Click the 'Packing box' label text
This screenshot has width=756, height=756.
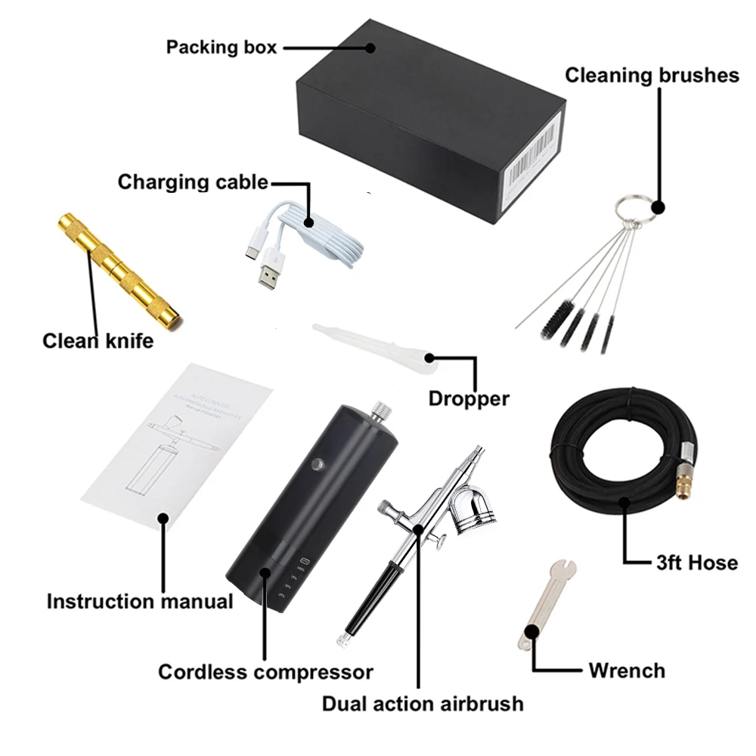(x=222, y=47)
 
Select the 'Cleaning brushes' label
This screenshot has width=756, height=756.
(x=652, y=75)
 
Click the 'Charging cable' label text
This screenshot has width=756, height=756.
(x=193, y=182)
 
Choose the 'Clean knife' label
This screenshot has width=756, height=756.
(x=98, y=341)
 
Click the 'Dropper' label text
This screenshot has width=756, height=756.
(x=469, y=398)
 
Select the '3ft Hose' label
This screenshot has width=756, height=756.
(x=696, y=562)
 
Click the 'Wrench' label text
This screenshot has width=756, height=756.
(x=627, y=670)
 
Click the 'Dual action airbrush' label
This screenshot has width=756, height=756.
(x=423, y=703)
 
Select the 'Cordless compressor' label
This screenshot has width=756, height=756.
(x=265, y=671)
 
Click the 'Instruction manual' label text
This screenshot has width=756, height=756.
(x=140, y=602)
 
